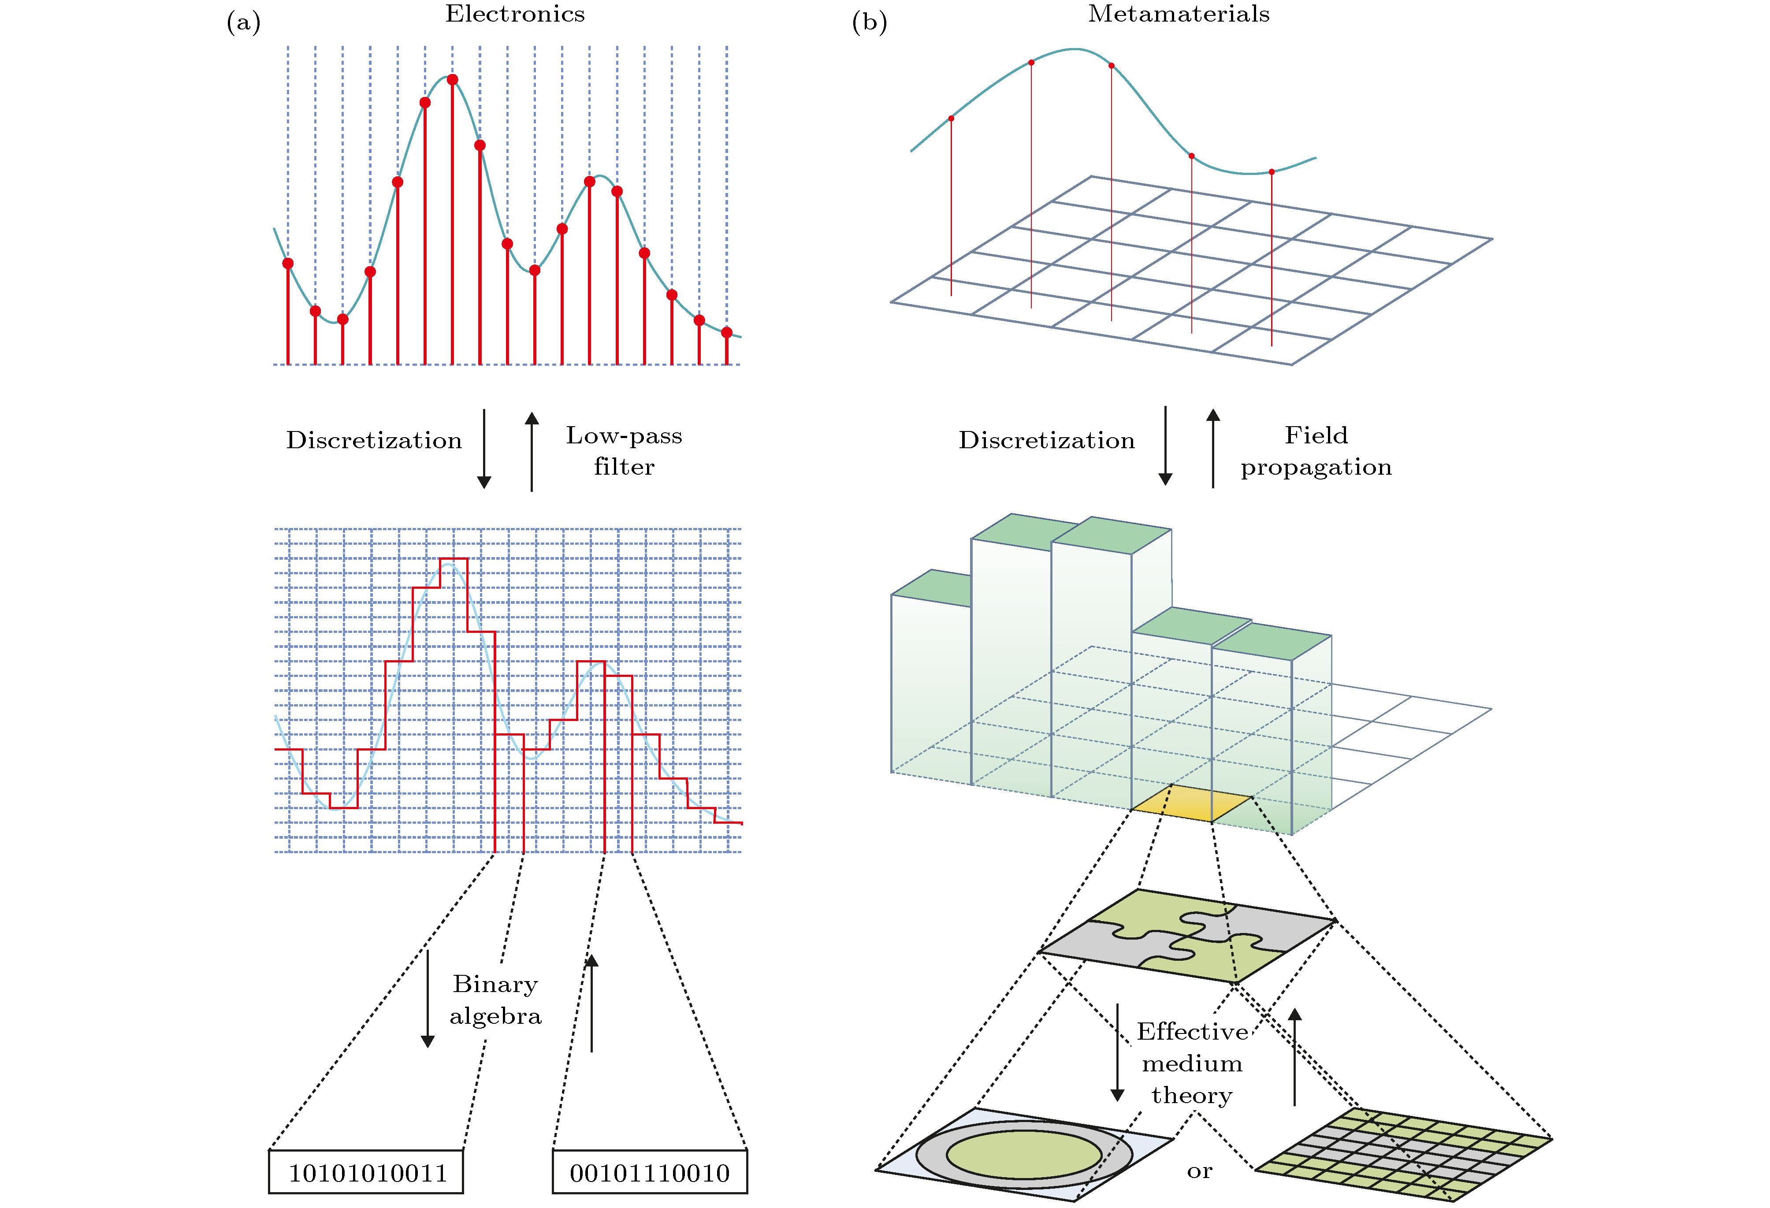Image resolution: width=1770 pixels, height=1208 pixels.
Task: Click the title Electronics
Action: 515,15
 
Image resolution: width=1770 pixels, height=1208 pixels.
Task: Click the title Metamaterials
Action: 1178,15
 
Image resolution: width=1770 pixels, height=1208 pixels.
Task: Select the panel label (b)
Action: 869,23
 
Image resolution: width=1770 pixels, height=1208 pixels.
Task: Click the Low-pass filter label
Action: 624,451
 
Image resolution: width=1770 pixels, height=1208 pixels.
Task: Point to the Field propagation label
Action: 1316,451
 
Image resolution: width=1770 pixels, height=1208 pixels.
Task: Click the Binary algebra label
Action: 496,999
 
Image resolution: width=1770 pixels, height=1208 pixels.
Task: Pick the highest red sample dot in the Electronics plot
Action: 452,80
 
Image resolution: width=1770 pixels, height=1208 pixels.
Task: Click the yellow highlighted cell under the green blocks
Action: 1191,803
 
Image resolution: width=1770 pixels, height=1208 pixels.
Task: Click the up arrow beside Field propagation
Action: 1213,448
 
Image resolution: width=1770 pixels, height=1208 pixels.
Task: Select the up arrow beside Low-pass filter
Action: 532,451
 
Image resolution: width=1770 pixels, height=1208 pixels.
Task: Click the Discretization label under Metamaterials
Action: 1046,440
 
